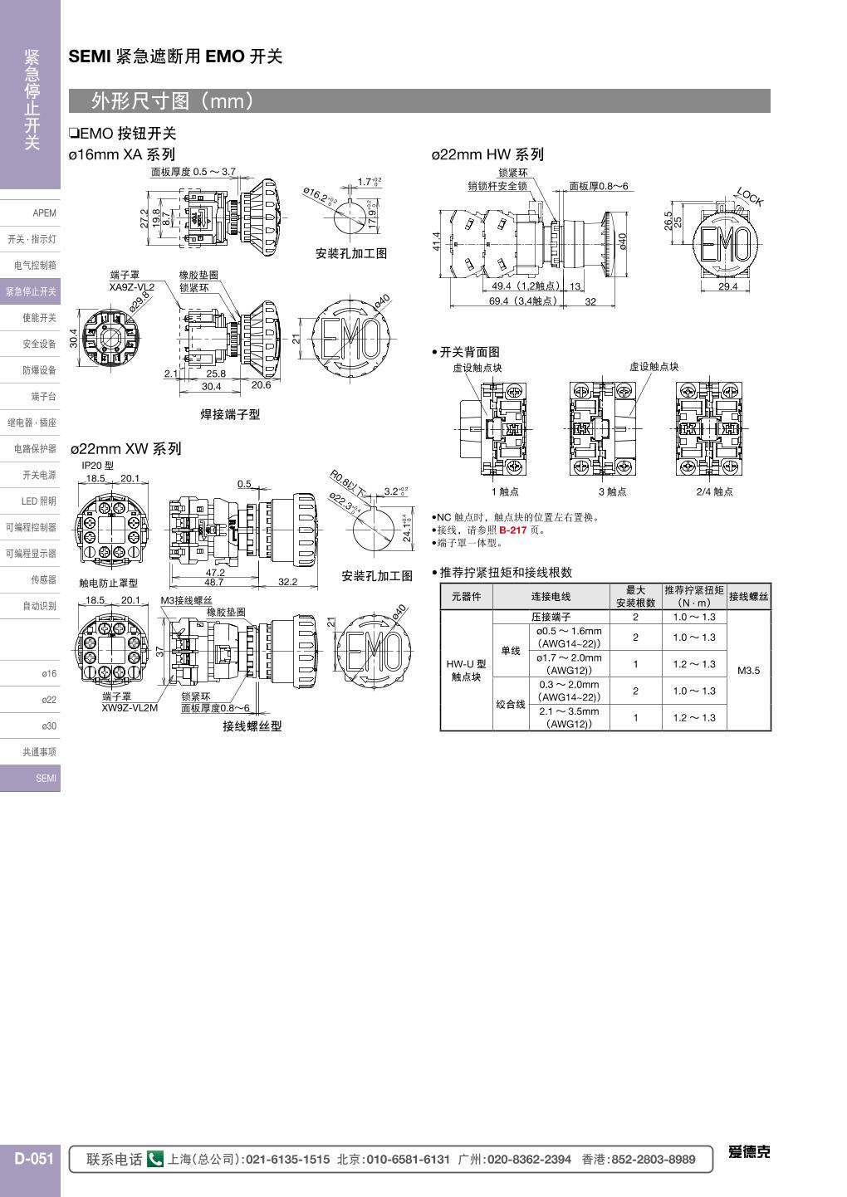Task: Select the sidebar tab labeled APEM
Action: [44, 213]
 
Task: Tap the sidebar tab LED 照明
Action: [38, 501]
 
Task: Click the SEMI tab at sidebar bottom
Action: [46, 779]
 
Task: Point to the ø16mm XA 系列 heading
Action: [122, 154]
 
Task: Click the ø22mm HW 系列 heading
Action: [487, 154]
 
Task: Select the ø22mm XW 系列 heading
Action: [125, 449]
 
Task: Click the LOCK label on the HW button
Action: [749, 198]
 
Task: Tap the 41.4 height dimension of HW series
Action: [437, 241]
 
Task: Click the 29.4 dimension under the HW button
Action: [727, 286]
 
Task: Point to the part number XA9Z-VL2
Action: [132, 286]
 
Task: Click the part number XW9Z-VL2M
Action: [130, 708]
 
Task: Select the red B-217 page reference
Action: [512, 530]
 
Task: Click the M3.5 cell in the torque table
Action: [748, 671]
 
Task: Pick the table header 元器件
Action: [466, 597]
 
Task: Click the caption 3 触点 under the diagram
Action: [612, 491]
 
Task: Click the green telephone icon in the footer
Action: [155, 1160]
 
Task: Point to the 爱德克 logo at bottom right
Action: [749, 1152]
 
